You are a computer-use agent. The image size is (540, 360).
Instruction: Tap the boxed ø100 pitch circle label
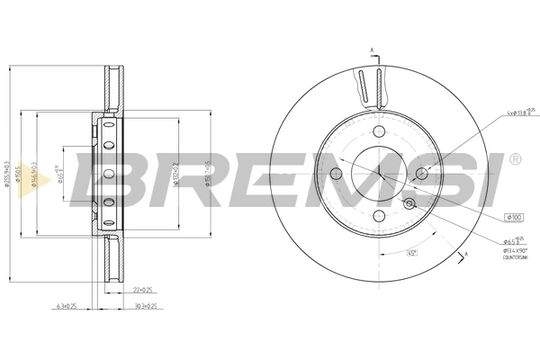[x=514, y=216]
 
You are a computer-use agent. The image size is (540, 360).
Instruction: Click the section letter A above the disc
[x=370, y=49]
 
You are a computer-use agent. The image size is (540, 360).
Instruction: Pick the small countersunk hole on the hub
[x=410, y=203]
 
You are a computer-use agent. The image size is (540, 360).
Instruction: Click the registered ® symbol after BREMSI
[x=514, y=159]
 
